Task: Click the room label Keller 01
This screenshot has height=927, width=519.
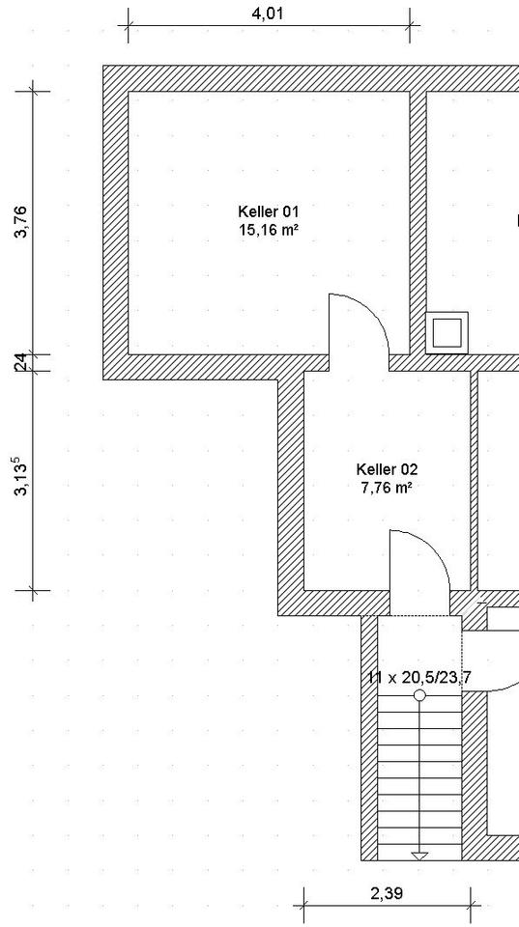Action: pyautogui.click(x=268, y=211)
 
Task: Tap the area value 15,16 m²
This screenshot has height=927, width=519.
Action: pyautogui.click(x=268, y=230)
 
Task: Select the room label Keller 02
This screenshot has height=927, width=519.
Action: pyautogui.click(x=387, y=469)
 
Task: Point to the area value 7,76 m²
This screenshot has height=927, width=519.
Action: pyautogui.click(x=387, y=488)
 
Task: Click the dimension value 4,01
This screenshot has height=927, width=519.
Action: pyautogui.click(x=268, y=14)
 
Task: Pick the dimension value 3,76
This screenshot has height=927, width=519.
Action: pyautogui.click(x=21, y=222)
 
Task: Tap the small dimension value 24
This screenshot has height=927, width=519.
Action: pyautogui.click(x=19, y=362)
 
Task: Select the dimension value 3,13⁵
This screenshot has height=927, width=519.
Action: pyautogui.click(x=21, y=476)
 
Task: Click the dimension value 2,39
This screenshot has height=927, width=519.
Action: pyautogui.click(x=387, y=893)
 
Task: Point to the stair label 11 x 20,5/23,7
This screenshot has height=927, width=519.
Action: pyautogui.click(x=419, y=678)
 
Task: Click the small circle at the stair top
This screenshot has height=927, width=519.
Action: pyautogui.click(x=419, y=695)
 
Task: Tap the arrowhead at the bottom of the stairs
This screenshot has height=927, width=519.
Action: pyautogui.click(x=419, y=856)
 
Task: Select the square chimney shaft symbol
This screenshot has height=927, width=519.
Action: pyautogui.click(x=447, y=333)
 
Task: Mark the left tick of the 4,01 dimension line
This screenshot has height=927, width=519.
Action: pyautogui.click(x=128, y=26)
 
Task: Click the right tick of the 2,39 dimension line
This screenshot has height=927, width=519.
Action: pyautogui.click(x=471, y=905)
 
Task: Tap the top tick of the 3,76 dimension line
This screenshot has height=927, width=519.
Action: pyautogui.click(x=33, y=91)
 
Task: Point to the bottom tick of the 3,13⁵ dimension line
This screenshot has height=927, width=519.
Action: pyautogui.click(x=33, y=590)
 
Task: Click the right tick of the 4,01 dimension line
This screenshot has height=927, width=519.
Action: pyautogui.click(x=410, y=26)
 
